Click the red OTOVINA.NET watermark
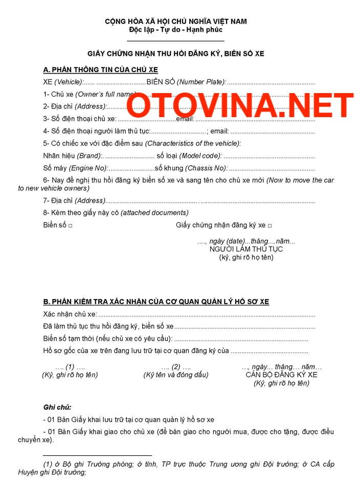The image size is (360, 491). pos(239,106)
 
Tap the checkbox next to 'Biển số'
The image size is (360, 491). pos(70,226)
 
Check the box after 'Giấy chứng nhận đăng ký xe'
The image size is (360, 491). pos(269,226)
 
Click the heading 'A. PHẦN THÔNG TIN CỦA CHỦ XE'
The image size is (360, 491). pos(101,70)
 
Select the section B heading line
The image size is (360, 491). pos(156,302)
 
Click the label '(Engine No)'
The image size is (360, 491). pos(92,168)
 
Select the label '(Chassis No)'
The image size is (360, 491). pos(206,168)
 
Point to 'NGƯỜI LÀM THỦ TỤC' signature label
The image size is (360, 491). pos(246,249)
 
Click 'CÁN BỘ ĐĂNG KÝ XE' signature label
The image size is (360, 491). pos(281,375)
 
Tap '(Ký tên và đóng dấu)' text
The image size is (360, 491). pos(176,375)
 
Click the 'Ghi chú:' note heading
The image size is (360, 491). pos(57,407)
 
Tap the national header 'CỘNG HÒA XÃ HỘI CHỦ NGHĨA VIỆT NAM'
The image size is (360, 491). pos(176,21)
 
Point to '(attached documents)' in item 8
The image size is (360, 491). pos(154,213)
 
